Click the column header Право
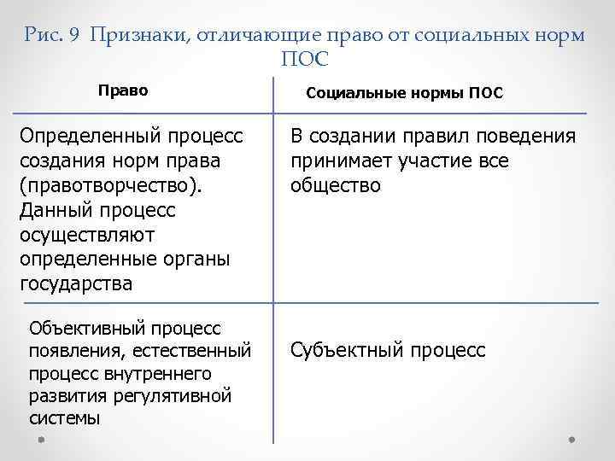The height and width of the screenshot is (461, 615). click(123, 90)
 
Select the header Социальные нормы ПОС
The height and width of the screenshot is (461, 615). click(404, 93)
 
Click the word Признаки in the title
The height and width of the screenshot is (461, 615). click(137, 35)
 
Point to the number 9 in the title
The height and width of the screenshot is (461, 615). click(76, 35)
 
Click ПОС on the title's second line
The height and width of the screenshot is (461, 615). click(305, 60)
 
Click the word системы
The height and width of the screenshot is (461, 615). click(64, 418)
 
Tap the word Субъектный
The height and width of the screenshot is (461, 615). click(348, 350)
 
